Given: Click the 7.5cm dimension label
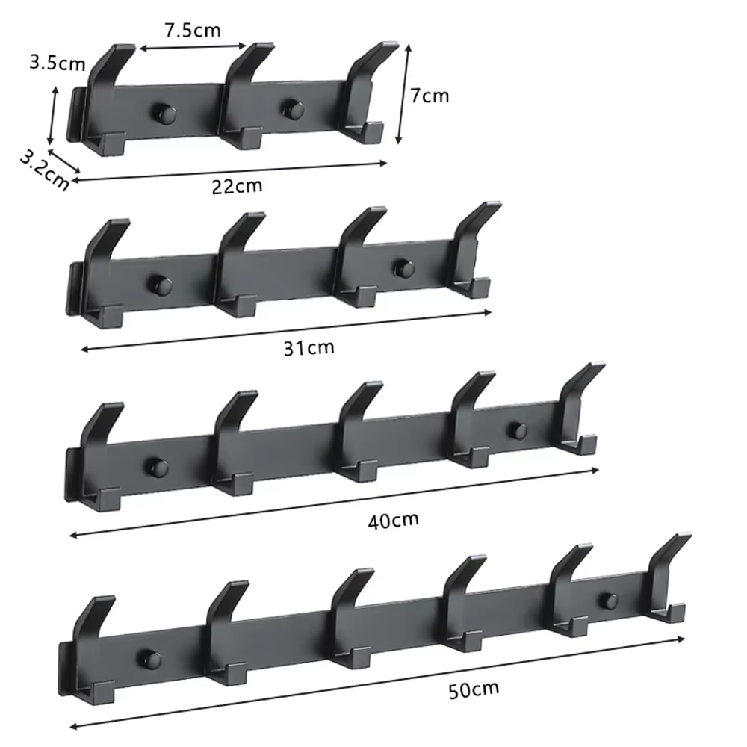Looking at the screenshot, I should pyautogui.click(x=193, y=31).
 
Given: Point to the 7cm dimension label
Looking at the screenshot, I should pyautogui.click(x=430, y=95).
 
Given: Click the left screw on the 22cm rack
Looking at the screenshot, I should pyautogui.click(x=165, y=114).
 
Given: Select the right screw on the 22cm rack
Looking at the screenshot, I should pyautogui.click(x=292, y=110).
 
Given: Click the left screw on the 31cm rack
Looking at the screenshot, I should pyautogui.click(x=160, y=285).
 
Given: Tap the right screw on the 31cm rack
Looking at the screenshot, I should pyautogui.click(x=404, y=267).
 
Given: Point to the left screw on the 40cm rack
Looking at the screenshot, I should pyautogui.click(x=157, y=468).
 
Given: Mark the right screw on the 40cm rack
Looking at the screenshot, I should pyautogui.click(x=517, y=430).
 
